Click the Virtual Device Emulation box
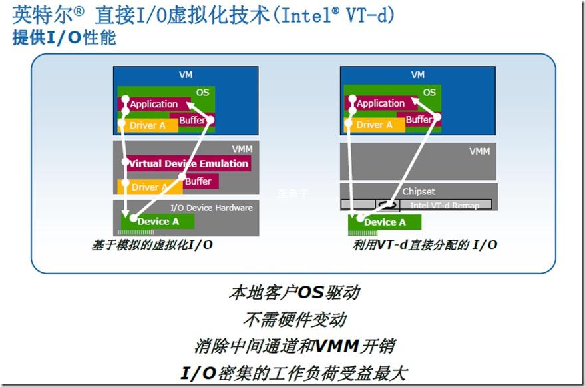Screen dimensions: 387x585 click(x=188, y=163)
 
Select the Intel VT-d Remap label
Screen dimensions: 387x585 click(x=444, y=205)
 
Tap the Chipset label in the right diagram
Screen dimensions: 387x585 click(x=418, y=191)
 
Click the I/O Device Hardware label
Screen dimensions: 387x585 click(x=211, y=208)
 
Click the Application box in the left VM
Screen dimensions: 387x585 click(x=154, y=104)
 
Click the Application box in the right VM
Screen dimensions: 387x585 click(x=380, y=103)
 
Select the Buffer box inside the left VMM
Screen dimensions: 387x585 click(x=198, y=181)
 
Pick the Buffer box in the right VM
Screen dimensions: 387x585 click(x=419, y=119)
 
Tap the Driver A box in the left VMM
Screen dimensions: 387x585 click(x=144, y=187)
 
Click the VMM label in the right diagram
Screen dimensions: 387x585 click(x=479, y=151)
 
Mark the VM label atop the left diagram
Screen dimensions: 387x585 click(x=186, y=75)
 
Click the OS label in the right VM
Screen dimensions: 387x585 click(x=430, y=92)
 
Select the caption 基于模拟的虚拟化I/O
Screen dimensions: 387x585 click(x=152, y=245)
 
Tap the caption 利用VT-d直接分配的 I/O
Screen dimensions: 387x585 click(x=426, y=245)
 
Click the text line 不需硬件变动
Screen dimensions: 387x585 click(x=294, y=319)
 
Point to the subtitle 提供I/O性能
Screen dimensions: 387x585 click(x=64, y=38)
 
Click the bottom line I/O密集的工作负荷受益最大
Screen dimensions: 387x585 click(x=293, y=372)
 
